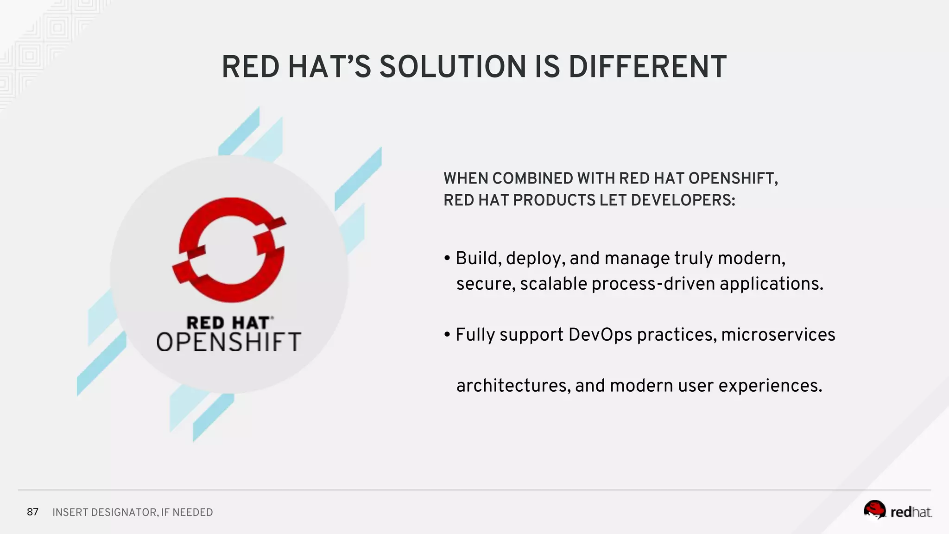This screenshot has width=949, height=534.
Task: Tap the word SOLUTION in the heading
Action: (452, 67)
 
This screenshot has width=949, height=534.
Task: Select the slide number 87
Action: (32, 512)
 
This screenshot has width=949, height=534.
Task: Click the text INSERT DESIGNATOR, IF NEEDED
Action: (133, 512)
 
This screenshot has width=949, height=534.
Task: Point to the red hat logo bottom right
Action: (898, 510)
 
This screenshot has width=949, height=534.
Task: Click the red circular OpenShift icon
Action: (228, 250)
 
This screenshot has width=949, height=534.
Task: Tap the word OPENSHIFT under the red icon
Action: (228, 342)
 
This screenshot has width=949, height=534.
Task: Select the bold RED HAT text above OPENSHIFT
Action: (228, 323)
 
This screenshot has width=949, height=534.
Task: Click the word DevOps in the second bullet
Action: (600, 335)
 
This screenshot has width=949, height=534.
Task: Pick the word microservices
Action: (778, 335)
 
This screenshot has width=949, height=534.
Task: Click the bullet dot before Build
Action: (447, 259)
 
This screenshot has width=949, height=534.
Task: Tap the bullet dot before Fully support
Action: (447, 335)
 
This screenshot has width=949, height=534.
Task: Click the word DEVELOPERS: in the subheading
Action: (683, 200)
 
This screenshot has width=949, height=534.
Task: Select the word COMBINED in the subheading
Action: (532, 178)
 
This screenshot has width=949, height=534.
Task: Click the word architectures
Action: (513, 386)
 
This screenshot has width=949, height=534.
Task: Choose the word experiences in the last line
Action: (770, 386)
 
